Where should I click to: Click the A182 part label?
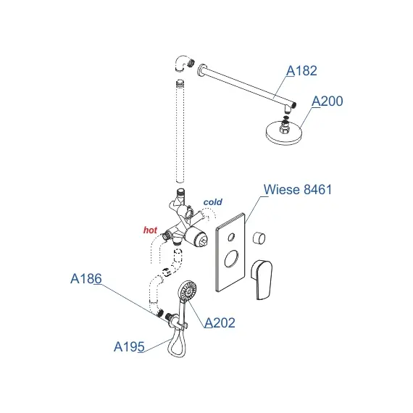pyautogui.click(x=301, y=70)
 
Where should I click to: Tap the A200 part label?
pyautogui.click(x=328, y=101)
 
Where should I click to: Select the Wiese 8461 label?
pyautogui.click(x=298, y=189)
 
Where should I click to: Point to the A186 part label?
pyautogui.click(x=86, y=279)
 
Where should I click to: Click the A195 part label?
pyautogui.click(x=129, y=346)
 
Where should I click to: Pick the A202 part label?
pyautogui.click(x=220, y=323)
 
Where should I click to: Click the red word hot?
pyautogui.click(x=150, y=230)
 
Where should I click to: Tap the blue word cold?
pyautogui.click(x=212, y=202)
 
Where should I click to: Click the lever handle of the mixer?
pyautogui.click(x=262, y=280)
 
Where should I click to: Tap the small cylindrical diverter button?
pyautogui.click(x=259, y=238)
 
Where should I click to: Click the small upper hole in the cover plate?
pyautogui.click(x=231, y=237)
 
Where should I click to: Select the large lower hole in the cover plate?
pyautogui.click(x=231, y=259)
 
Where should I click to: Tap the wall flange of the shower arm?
pyautogui.click(x=201, y=70)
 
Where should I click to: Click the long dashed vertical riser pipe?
pyautogui.click(x=180, y=131)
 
